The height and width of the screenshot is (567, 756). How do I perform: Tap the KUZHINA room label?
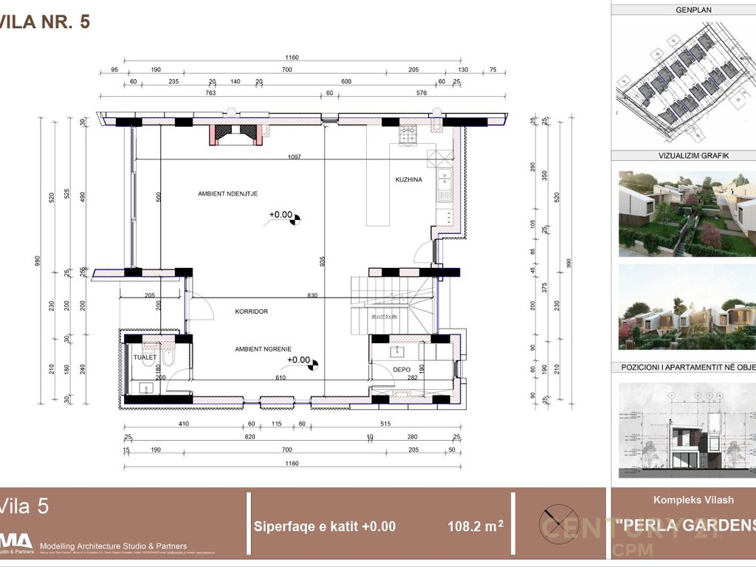[x=408, y=179]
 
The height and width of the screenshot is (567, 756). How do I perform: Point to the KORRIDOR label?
[x=251, y=312]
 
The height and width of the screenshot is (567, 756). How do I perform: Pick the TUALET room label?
[x=145, y=357]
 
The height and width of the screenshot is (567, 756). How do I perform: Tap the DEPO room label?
[x=401, y=369]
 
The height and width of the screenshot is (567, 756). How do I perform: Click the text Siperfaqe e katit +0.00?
[x=325, y=526]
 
